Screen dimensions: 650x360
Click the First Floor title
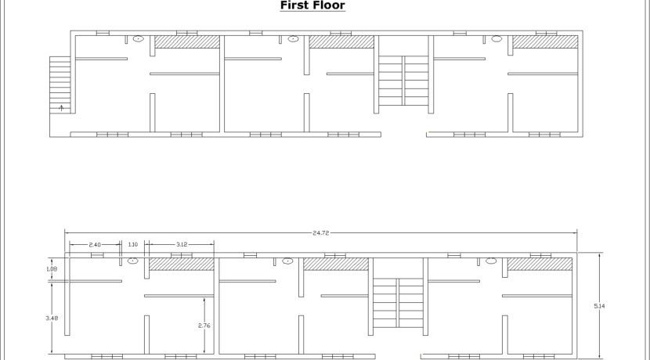(x=312, y=5)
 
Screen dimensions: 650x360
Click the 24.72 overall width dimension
(x=321, y=233)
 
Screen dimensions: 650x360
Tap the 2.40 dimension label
(x=95, y=245)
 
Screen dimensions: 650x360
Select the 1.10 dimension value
(x=133, y=245)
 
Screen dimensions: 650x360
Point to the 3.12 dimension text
(x=182, y=245)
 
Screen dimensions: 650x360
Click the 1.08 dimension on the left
(x=52, y=269)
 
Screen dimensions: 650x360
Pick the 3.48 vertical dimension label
(x=52, y=319)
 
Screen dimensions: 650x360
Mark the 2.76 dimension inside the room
(x=204, y=326)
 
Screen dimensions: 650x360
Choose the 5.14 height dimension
(x=599, y=306)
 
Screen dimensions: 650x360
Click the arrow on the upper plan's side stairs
(x=61, y=108)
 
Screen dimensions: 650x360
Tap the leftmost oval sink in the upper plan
(x=138, y=39)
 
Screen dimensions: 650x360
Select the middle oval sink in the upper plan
(x=293, y=39)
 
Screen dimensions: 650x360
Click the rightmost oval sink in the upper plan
(x=497, y=39)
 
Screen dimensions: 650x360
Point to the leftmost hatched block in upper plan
(x=187, y=41)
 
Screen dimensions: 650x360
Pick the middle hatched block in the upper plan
(x=341, y=41)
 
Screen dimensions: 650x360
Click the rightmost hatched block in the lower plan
(x=540, y=264)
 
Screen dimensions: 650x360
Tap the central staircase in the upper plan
(x=403, y=81)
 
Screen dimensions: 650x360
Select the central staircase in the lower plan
(x=398, y=303)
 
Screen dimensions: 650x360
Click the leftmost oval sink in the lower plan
(x=132, y=261)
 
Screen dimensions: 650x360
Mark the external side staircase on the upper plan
(x=60, y=85)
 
